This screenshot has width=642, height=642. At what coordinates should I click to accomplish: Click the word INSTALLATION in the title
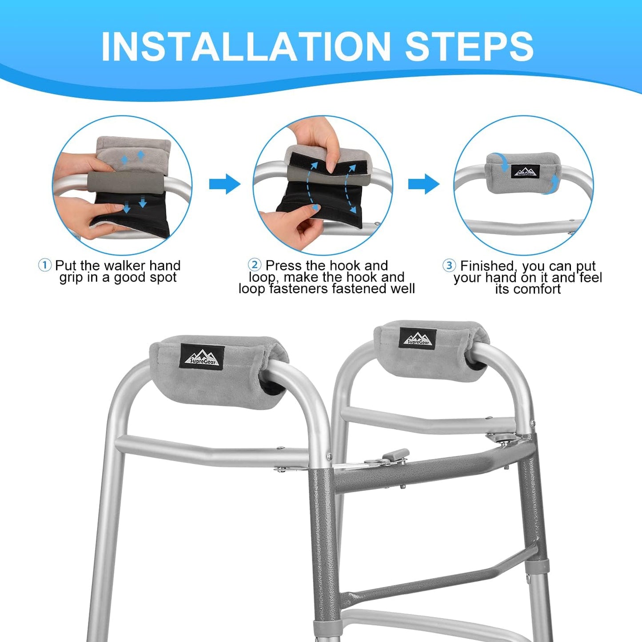pos(246,47)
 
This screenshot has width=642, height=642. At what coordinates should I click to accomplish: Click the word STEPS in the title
pos(470,47)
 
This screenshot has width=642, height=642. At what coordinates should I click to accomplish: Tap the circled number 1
pos(44,266)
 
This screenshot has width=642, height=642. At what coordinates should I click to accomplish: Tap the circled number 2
pos(255,265)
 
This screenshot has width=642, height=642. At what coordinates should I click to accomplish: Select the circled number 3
pos(449,266)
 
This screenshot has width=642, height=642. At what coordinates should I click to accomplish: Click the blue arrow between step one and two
pos(224,183)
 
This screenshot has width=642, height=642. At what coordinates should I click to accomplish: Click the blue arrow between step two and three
pos(423,183)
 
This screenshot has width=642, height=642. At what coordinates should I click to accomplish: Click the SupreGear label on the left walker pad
pos(202,357)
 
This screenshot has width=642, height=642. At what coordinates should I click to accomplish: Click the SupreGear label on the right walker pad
pos(418,339)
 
